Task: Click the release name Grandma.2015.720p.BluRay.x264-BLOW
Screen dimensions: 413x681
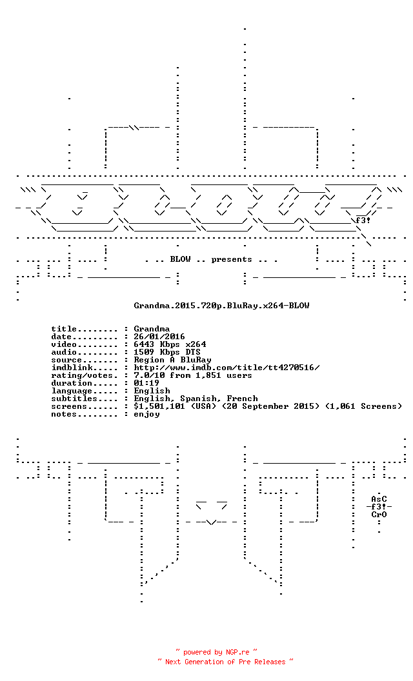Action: (221, 306)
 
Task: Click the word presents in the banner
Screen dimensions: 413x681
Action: (232, 260)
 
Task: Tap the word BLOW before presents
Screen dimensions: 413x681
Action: (181, 259)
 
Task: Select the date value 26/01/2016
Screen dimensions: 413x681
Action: (159, 337)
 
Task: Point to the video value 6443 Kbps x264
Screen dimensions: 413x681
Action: (170, 344)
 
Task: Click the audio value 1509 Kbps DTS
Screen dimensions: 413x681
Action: (167, 352)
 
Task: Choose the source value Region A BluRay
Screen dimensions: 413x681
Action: (172, 360)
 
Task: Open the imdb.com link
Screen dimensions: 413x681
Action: (227, 368)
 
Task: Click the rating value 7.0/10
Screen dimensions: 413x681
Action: (149, 376)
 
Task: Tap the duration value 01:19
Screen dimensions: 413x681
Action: (146, 384)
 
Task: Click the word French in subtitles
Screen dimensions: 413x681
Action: (242, 399)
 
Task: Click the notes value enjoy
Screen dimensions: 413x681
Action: (146, 415)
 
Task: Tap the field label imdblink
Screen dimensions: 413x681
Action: (72, 368)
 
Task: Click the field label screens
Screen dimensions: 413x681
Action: (69, 407)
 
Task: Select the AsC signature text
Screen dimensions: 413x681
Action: (379, 499)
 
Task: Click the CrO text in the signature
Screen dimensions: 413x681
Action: (379, 515)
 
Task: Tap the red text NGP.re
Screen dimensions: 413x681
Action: (237, 653)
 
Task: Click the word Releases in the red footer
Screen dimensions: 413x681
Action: (270, 662)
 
